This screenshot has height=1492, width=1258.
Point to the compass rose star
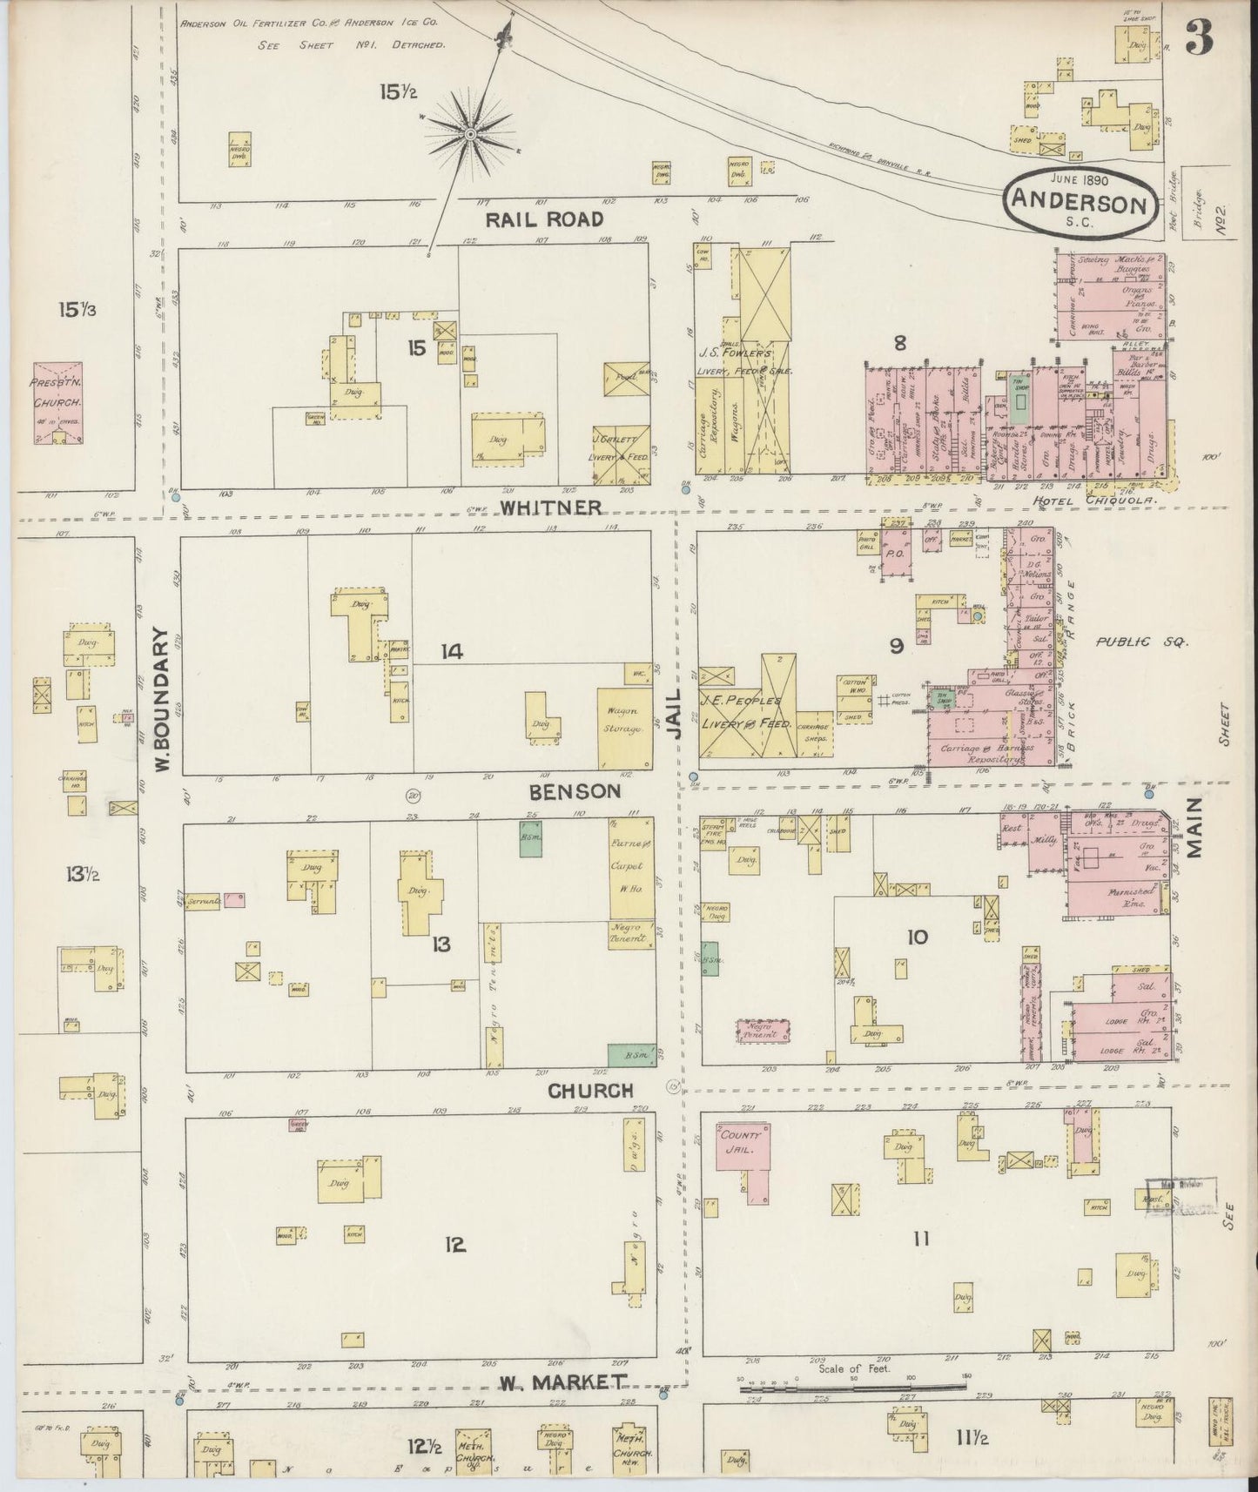469,134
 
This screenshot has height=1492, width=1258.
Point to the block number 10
917,937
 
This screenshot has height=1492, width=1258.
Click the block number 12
454,1245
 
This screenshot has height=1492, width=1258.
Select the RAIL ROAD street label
543,219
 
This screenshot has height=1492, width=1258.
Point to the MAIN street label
1192,827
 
